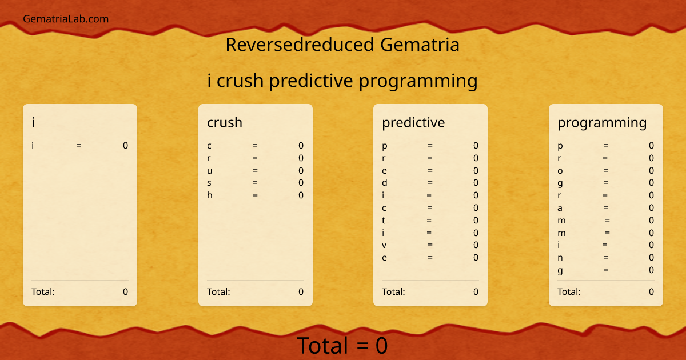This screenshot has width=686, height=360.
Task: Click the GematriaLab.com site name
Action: click(x=66, y=19)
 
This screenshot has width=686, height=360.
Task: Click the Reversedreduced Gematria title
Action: click(x=342, y=45)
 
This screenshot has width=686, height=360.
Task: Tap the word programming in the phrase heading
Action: click(x=418, y=81)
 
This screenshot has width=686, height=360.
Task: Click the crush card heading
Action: click(x=225, y=122)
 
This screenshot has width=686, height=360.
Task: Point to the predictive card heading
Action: click(x=413, y=122)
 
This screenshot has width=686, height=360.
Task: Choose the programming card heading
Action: click(x=602, y=123)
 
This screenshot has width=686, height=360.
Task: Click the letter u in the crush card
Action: click(x=210, y=171)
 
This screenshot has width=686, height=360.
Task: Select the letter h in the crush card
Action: click(x=210, y=195)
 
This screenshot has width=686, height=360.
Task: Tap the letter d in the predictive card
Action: click(x=385, y=183)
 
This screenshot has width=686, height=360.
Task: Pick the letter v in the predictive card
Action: click(x=385, y=245)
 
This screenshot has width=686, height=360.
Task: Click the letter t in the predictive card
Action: click(x=384, y=221)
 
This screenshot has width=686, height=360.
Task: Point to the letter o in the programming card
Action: click(x=560, y=171)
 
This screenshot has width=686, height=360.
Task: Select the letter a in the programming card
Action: click(x=560, y=208)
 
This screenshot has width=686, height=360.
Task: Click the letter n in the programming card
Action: click(x=560, y=258)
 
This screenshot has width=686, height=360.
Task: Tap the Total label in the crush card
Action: click(x=218, y=292)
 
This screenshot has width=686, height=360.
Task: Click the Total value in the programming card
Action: click(x=651, y=292)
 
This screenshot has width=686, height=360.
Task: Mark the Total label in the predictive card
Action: click(x=393, y=292)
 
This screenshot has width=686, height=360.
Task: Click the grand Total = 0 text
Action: click(x=342, y=346)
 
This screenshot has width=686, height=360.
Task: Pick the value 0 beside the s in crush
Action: click(x=301, y=183)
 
